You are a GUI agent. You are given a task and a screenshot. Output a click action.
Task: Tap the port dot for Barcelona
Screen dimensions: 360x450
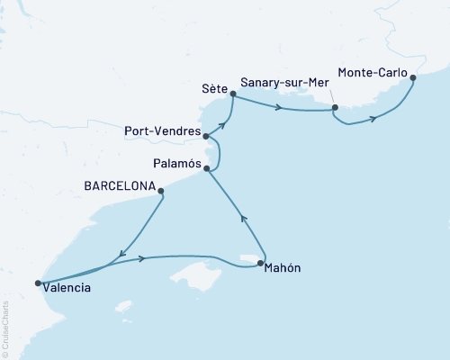click(x=162, y=190)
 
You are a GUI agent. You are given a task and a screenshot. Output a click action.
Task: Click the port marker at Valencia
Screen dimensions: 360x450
click(x=38, y=283)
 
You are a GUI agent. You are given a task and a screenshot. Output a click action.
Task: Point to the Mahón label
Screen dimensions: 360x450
click(x=283, y=268)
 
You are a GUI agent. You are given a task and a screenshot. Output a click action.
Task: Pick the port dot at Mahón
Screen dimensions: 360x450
click(x=260, y=264)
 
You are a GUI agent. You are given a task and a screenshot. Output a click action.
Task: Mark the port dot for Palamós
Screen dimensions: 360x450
click(x=208, y=168)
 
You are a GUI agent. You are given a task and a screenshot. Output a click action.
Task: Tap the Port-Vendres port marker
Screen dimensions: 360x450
click(x=207, y=137)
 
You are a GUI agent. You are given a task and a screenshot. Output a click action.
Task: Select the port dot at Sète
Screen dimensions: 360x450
click(x=233, y=94)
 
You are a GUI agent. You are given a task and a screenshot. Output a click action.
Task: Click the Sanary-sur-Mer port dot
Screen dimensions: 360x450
click(x=335, y=108)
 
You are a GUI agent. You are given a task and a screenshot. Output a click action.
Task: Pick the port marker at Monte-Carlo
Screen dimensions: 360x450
click(x=413, y=78)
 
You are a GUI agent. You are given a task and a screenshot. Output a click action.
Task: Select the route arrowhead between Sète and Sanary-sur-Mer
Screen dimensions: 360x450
click(x=280, y=109)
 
